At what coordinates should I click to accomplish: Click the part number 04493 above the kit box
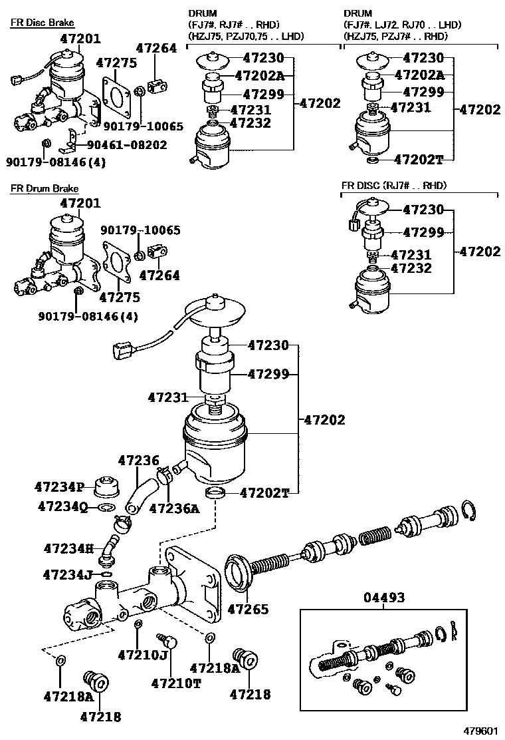(x=384, y=598)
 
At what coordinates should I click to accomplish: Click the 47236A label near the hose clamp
(x=175, y=508)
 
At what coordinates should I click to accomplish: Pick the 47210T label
(x=176, y=683)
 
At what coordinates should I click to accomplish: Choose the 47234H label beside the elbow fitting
(x=68, y=548)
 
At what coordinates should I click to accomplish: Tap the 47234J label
(x=68, y=574)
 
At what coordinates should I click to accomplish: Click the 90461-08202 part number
(x=124, y=145)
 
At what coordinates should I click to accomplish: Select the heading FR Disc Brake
(x=43, y=23)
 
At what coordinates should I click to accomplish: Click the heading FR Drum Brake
(x=44, y=189)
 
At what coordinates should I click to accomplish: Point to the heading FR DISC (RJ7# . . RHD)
(x=394, y=186)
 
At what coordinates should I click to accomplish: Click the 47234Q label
(x=62, y=508)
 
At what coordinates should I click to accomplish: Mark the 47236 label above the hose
(x=139, y=461)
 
